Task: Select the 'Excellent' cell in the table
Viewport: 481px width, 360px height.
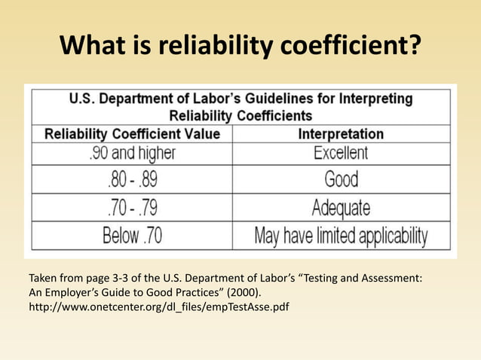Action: (x=341, y=153)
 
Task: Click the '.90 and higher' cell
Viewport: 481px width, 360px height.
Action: (x=132, y=153)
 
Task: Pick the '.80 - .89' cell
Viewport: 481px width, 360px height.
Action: (x=132, y=180)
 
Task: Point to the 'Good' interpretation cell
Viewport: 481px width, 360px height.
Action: (x=341, y=180)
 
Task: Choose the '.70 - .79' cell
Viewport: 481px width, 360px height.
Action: (x=132, y=207)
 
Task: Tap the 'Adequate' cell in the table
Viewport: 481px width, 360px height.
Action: (x=341, y=207)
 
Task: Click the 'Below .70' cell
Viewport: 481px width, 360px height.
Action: (x=132, y=236)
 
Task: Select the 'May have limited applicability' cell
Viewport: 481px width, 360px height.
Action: (x=341, y=236)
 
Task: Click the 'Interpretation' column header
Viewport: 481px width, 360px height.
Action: (x=341, y=134)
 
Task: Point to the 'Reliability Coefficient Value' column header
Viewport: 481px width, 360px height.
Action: (x=133, y=134)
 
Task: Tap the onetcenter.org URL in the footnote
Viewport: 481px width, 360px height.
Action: (x=158, y=307)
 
